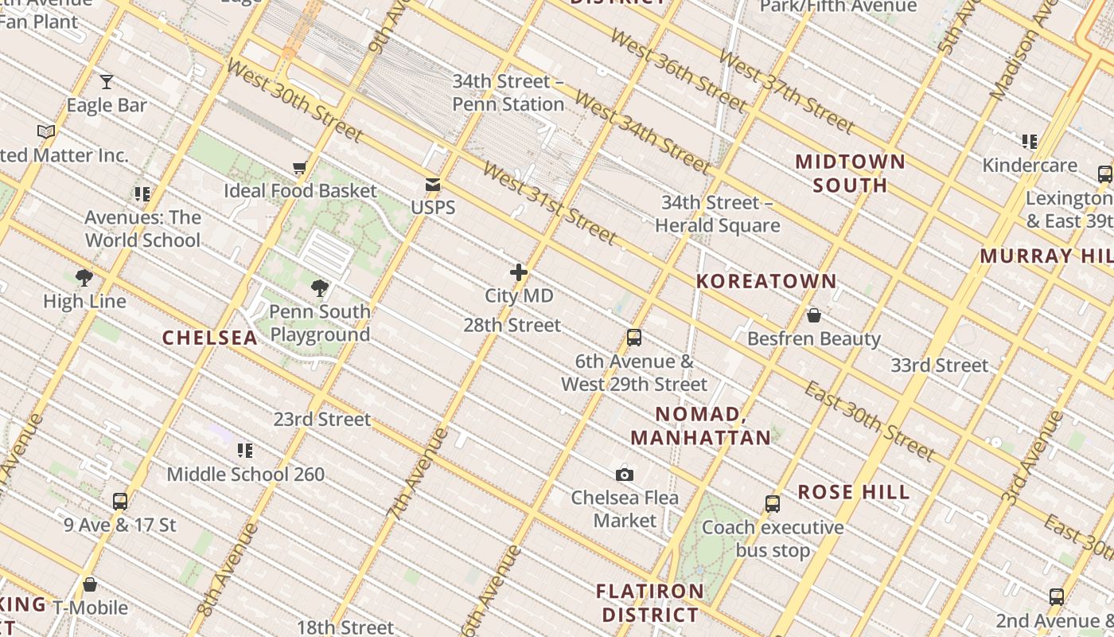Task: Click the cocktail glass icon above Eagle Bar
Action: (x=106, y=80)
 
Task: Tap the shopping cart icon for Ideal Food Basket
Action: (x=300, y=167)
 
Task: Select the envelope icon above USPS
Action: (x=433, y=185)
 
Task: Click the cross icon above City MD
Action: (x=519, y=272)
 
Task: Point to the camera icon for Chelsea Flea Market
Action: (x=625, y=475)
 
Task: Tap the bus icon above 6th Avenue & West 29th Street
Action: (x=634, y=338)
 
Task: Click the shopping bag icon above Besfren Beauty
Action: (x=813, y=315)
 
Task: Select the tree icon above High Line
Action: (x=84, y=278)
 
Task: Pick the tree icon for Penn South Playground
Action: (x=320, y=287)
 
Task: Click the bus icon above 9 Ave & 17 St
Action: (x=120, y=502)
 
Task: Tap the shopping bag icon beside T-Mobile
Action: (x=90, y=585)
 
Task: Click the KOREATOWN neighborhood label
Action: (x=766, y=281)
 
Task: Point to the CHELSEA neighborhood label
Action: (x=210, y=338)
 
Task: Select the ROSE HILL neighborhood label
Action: (x=854, y=492)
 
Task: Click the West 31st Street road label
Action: (x=549, y=204)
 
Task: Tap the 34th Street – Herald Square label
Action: (x=717, y=214)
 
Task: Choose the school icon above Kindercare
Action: (x=1030, y=142)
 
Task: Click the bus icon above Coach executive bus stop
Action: (x=773, y=504)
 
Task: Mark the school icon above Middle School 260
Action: (x=245, y=451)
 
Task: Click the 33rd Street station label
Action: (x=939, y=365)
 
